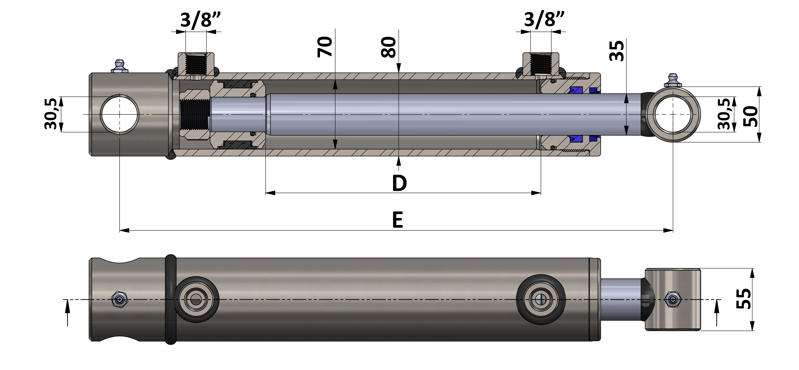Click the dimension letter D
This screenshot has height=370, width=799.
tap(399, 183)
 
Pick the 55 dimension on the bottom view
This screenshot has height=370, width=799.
tap(744, 299)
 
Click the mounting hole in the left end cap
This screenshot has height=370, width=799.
tap(119, 114)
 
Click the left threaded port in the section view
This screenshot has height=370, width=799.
tap(196, 64)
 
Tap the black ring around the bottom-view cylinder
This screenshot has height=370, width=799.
tap(171, 299)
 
